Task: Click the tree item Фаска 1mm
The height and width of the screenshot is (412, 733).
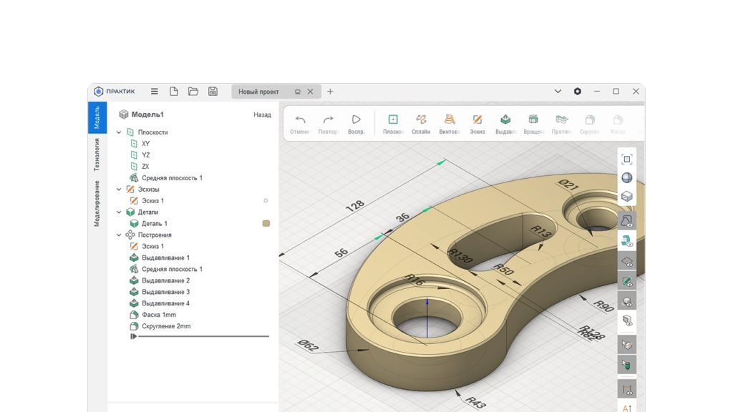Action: (x=158, y=315)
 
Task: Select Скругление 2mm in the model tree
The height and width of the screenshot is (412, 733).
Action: (x=165, y=326)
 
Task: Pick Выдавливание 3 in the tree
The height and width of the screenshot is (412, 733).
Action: (x=165, y=292)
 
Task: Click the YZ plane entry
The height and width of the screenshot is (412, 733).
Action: (x=145, y=155)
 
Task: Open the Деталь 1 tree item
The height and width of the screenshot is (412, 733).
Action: (x=154, y=224)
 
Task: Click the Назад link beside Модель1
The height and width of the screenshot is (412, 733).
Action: (x=262, y=114)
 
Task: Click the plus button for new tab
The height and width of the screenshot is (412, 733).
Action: (x=330, y=92)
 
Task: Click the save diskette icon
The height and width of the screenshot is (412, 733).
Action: (x=213, y=92)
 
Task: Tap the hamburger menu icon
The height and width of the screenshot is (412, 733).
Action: (x=154, y=92)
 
